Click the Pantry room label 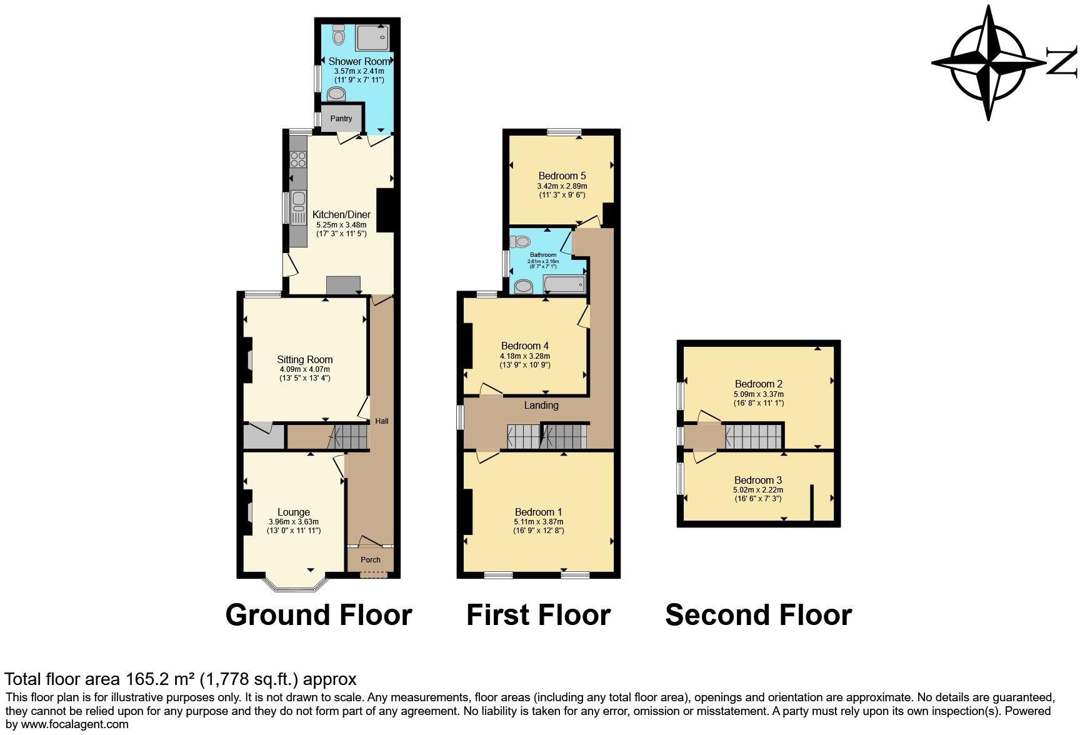coord(341,119)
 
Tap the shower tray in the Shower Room coord(372,37)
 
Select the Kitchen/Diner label coord(341,215)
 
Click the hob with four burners coord(298,159)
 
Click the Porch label coord(371,560)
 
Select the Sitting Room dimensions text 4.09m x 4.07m coord(305,369)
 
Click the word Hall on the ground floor coord(382,421)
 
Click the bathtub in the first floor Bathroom coord(564,284)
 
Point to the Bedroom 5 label coord(562,176)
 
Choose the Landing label coord(541,406)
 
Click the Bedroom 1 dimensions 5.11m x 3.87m coord(539,522)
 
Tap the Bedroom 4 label coord(525,346)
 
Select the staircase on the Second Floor coord(754,436)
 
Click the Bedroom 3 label coord(757,481)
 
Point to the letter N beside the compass coord(1061,62)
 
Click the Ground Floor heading coord(319,615)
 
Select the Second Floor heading coord(758,615)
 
